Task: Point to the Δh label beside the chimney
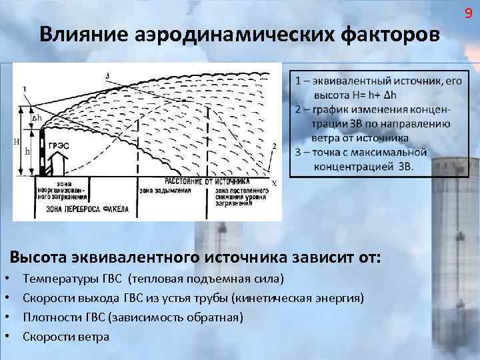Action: [x=37, y=117]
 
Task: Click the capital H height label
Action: [x=17, y=141]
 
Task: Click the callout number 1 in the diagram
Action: [x=25, y=88]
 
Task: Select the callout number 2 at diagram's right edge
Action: [x=274, y=145]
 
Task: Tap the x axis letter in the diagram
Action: [x=273, y=182]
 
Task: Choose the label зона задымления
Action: [x=165, y=191]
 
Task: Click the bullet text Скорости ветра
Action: [x=66, y=336]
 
